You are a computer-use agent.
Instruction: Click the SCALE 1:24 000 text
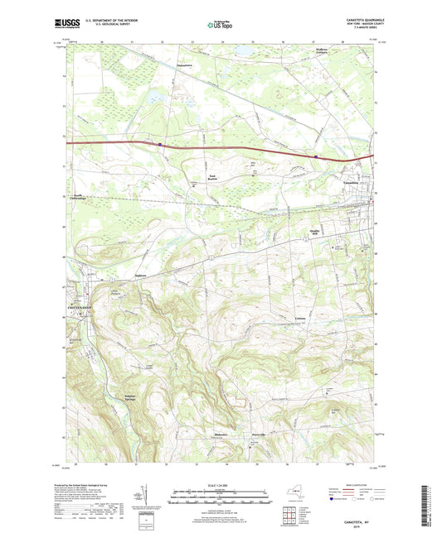coord(221,485)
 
